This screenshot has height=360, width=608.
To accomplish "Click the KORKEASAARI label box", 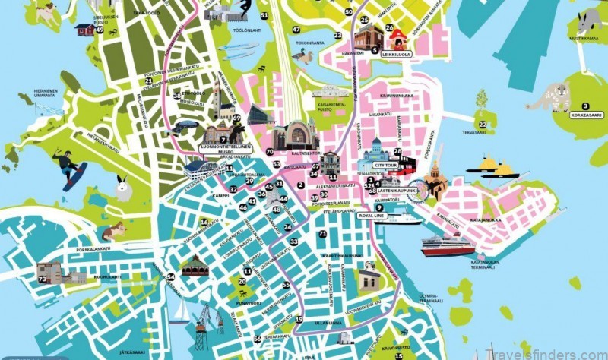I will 585,115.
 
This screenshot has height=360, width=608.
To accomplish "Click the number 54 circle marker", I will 170,277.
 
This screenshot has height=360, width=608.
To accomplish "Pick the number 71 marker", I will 322,234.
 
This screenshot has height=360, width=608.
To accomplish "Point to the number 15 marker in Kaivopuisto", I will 398,355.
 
